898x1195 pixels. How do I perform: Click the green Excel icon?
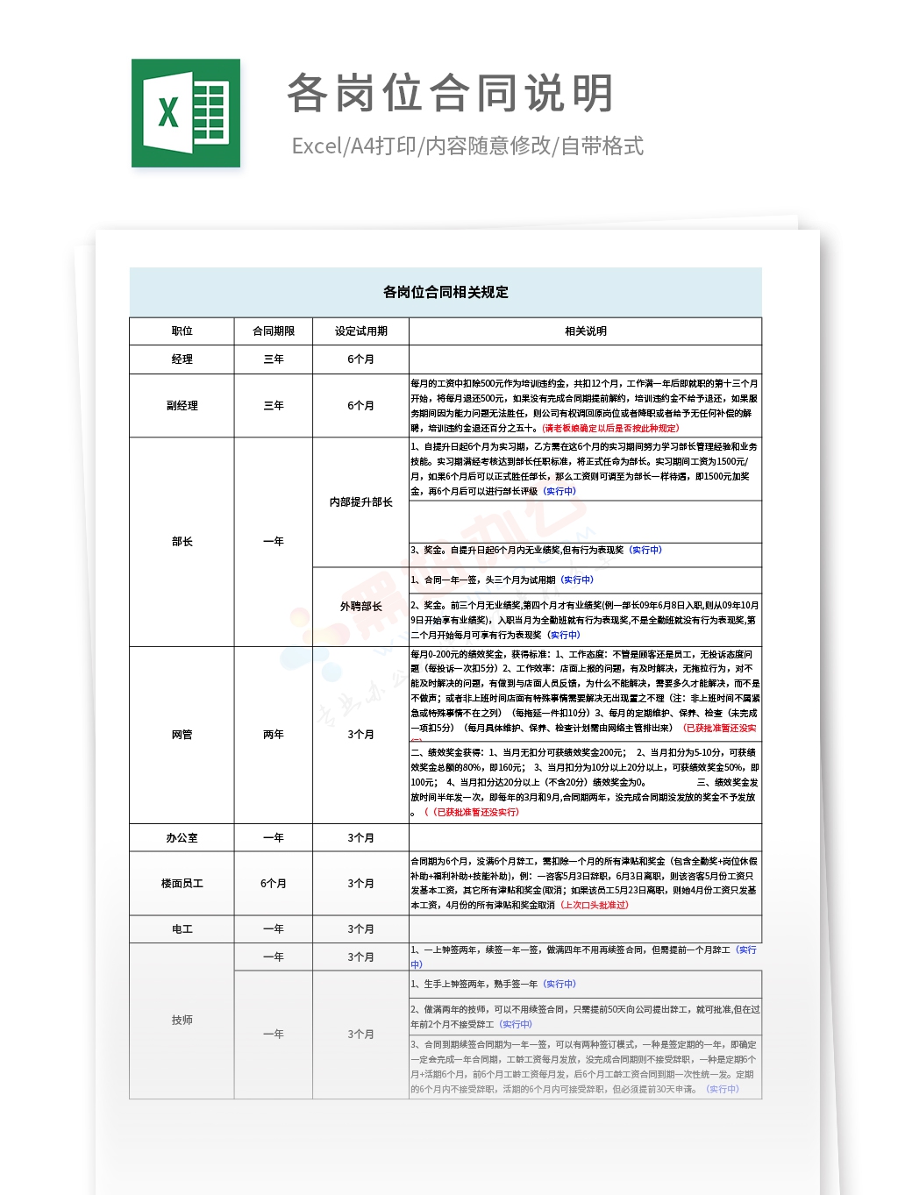click(x=186, y=113)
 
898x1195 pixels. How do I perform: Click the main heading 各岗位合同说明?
click(x=450, y=93)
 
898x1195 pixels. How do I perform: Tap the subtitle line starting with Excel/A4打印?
click(x=467, y=146)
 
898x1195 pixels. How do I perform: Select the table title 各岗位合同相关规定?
click(x=445, y=292)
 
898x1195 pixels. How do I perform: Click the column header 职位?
click(x=182, y=331)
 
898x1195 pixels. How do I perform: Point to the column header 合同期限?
click(x=274, y=331)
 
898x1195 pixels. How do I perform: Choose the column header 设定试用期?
click(x=360, y=331)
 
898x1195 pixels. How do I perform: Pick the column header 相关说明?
click(x=585, y=331)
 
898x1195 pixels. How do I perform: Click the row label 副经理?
click(x=182, y=405)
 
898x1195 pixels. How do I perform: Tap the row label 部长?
click(x=182, y=541)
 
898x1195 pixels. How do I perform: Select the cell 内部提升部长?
click(x=360, y=501)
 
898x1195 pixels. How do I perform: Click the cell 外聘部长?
click(x=360, y=606)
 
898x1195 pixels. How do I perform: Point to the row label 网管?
click(x=182, y=734)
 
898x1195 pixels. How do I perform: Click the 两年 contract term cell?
click(x=274, y=734)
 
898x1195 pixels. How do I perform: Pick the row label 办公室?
click(x=182, y=837)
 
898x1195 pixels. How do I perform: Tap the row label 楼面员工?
click(x=182, y=883)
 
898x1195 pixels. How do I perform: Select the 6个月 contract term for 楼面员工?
click(x=274, y=883)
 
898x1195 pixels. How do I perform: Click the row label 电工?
click(x=182, y=928)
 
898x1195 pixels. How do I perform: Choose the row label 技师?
click(x=182, y=1020)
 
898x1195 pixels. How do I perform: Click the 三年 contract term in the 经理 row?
click(x=274, y=359)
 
